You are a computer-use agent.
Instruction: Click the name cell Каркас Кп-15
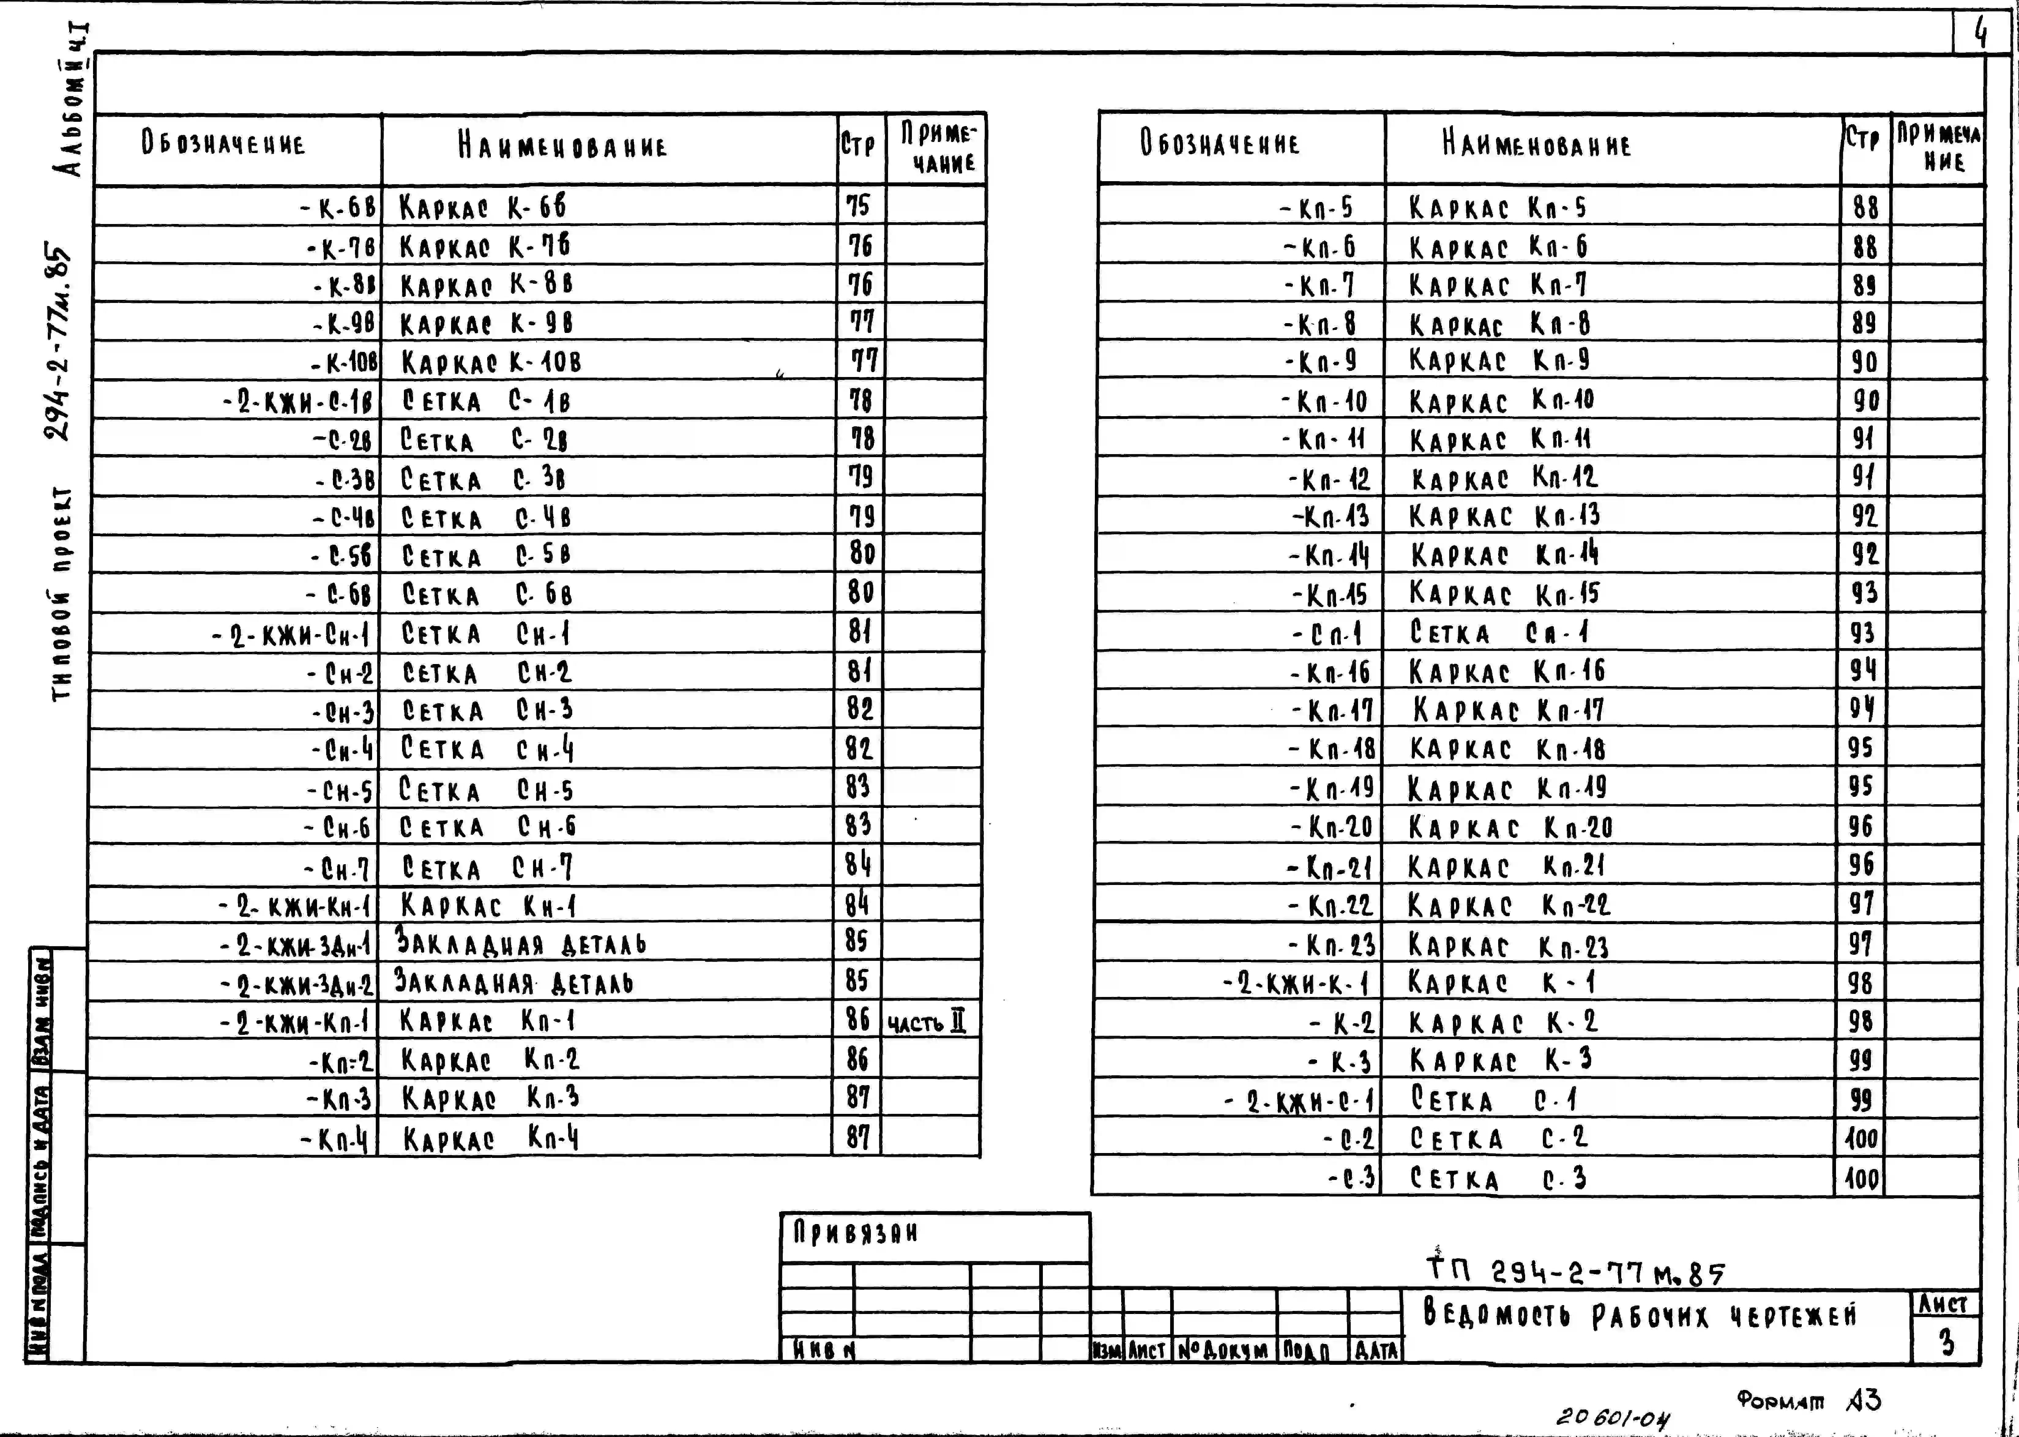(1504, 593)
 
